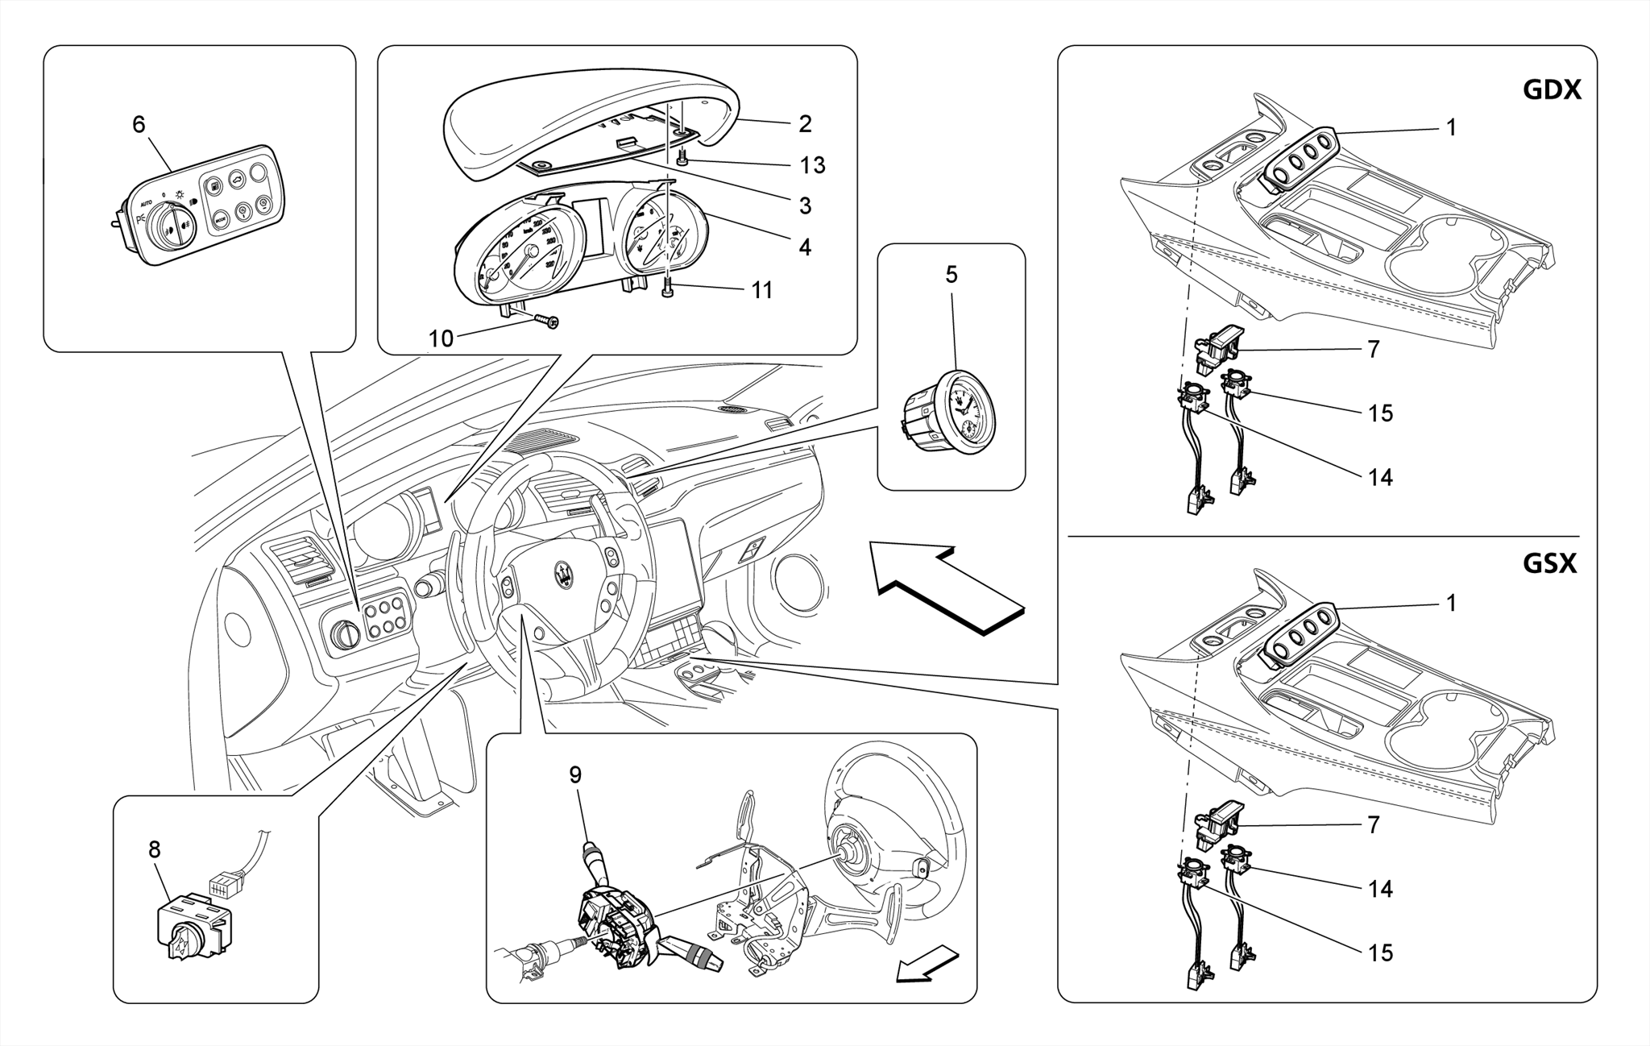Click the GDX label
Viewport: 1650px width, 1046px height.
(x=1552, y=89)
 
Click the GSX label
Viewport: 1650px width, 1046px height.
(x=1549, y=563)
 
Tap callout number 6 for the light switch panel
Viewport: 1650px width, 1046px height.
(x=139, y=124)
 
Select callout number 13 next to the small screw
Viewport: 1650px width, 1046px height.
(x=812, y=165)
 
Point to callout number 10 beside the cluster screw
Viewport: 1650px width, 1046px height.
(x=441, y=339)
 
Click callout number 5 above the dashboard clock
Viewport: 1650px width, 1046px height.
(x=951, y=275)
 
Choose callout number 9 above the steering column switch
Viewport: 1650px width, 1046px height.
(x=575, y=774)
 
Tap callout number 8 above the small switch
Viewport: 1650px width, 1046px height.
(x=154, y=849)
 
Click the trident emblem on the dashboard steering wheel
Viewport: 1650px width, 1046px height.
(x=565, y=573)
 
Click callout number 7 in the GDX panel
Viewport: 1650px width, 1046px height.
(x=1374, y=349)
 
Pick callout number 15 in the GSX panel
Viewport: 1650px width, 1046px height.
(x=1380, y=953)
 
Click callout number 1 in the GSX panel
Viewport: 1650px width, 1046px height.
(x=1451, y=603)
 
